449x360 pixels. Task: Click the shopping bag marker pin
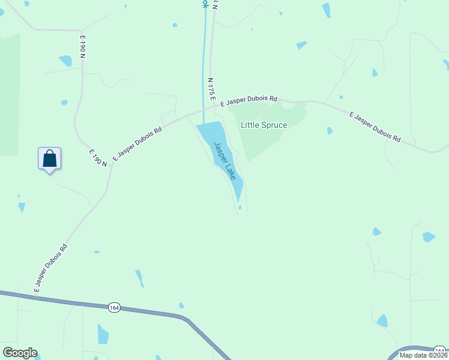click(x=50, y=159)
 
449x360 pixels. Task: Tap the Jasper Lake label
click(x=225, y=161)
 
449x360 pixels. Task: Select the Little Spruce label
click(x=264, y=125)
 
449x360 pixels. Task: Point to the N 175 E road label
click(x=211, y=88)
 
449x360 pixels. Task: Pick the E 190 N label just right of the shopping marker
click(x=98, y=158)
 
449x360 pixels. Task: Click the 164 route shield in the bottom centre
click(x=114, y=307)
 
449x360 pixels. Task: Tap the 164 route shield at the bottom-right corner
click(x=441, y=350)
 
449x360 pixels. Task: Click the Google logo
click(x=20, y=353)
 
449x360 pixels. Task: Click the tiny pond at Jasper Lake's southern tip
click(x=240, y=208)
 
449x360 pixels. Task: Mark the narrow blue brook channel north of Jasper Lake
click(x=205, y=60)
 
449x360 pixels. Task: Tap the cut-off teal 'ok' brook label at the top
click(x=205, y=4)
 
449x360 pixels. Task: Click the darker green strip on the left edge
click(x=10, y=96)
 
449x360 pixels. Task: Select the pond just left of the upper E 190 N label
click(x=65, y=61)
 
